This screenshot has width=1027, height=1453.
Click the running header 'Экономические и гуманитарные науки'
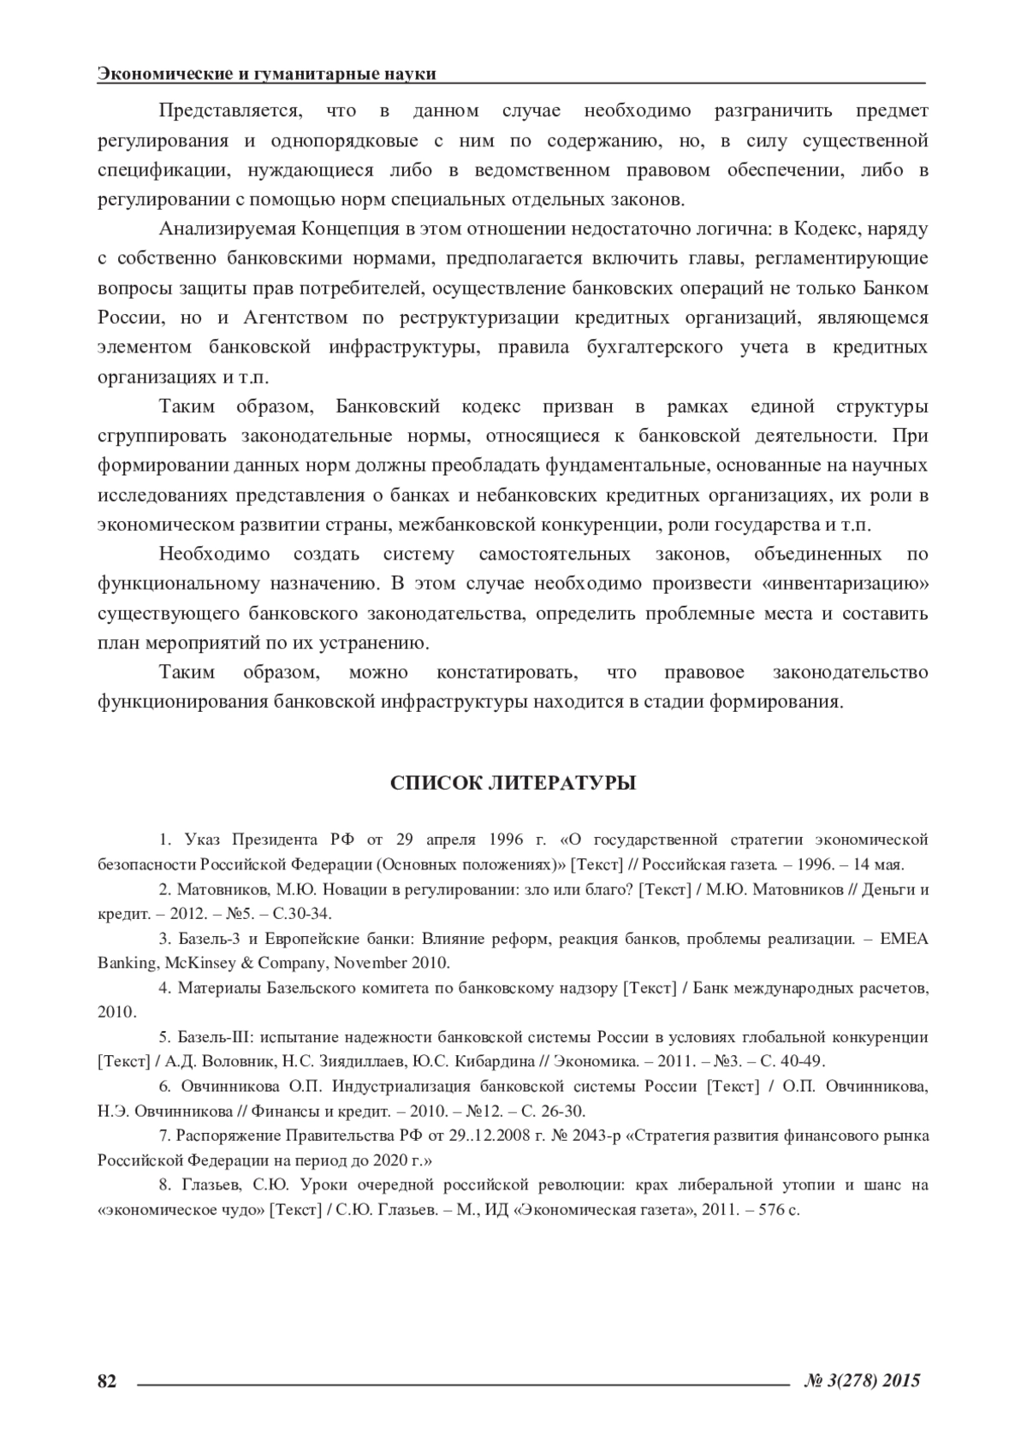pos(267,74)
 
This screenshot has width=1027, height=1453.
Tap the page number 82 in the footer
pos(107,1380)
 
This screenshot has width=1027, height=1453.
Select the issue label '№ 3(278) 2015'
pos(863,1380)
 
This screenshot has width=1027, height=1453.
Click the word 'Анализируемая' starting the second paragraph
pos(226,229)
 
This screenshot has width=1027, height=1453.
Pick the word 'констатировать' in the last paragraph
pos(508,673)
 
